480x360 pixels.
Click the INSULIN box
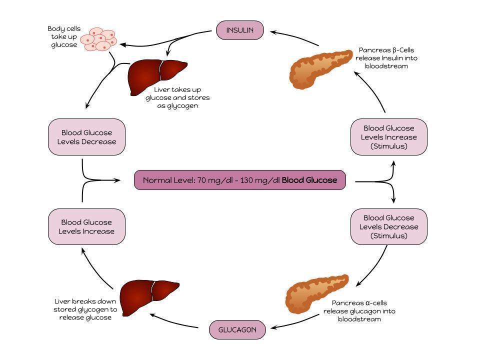(240, 30)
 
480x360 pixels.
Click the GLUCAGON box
(237, 330)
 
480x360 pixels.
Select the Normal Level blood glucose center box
(239, 180)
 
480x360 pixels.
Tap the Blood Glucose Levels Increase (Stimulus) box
(389, 137)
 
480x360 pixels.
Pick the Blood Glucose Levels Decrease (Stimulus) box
(389, 226)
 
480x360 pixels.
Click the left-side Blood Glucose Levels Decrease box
(86, 137)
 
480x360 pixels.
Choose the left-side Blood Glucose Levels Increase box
(86, 226)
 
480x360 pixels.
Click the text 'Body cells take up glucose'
(63, 37)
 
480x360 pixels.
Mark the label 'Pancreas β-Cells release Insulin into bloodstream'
(386, 58)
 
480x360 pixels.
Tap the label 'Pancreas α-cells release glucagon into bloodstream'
(359, 311)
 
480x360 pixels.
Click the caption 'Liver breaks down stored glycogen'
(85, 309)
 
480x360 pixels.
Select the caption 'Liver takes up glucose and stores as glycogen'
(177, 97)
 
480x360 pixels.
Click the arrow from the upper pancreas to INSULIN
(295, 37)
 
